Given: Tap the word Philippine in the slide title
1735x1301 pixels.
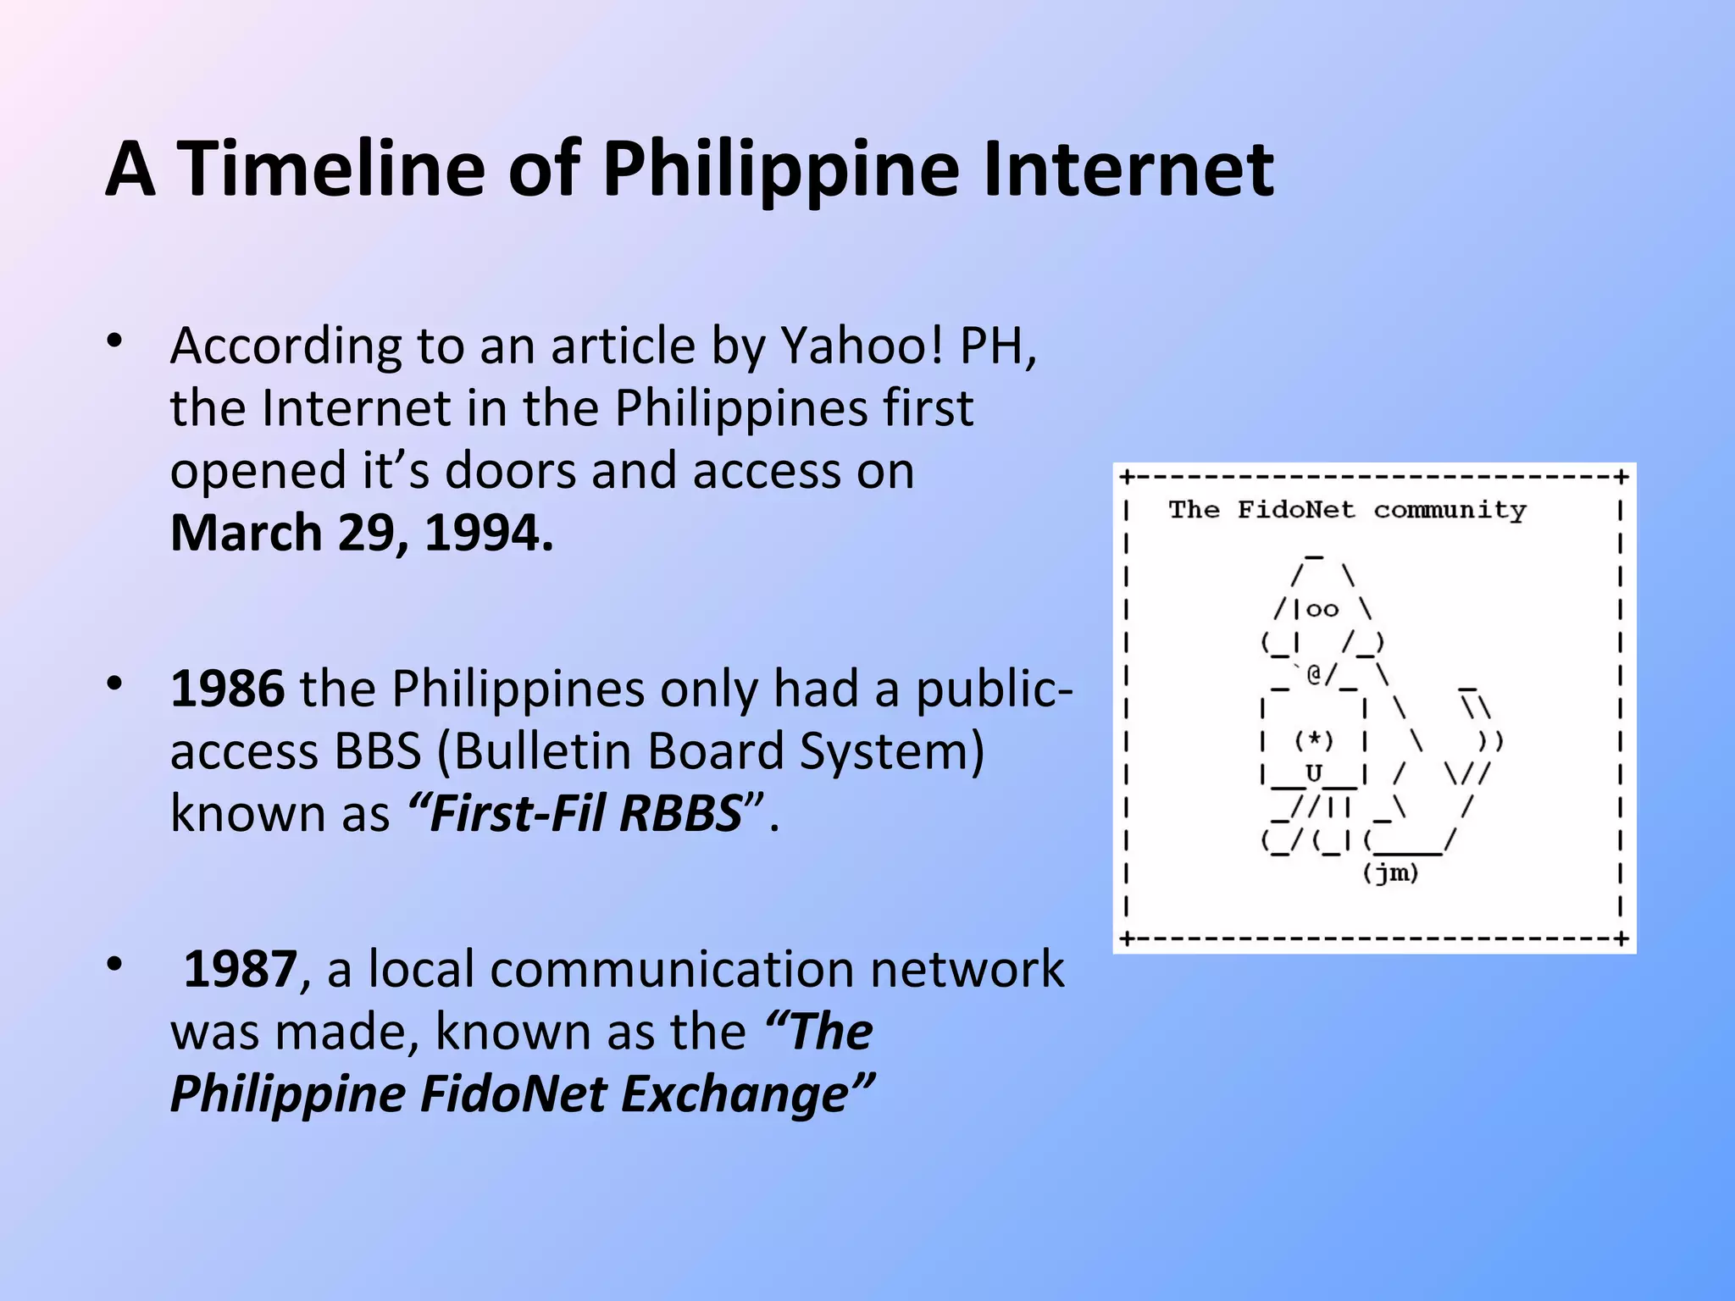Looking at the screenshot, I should coord(779,169).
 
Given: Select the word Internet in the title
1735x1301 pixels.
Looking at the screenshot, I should coord(1128,169).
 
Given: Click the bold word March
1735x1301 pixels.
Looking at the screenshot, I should coord(247,533).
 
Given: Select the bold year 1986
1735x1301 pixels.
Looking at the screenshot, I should coord(227,688).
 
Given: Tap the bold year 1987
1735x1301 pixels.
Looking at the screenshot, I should coord(241,969).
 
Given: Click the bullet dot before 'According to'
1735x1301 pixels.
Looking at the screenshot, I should coord(115,343).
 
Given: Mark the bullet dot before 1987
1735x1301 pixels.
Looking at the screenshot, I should coord(115,965).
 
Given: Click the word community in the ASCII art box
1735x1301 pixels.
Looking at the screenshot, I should coord(1450,510).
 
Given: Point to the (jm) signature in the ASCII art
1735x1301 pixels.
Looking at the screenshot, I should coord(1390,873).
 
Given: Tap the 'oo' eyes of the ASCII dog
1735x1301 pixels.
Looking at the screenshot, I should coord(1322,609).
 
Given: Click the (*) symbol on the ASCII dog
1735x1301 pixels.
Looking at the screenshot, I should coord(1314,740).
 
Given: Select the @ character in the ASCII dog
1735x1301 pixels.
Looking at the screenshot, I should coord(1314,674).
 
